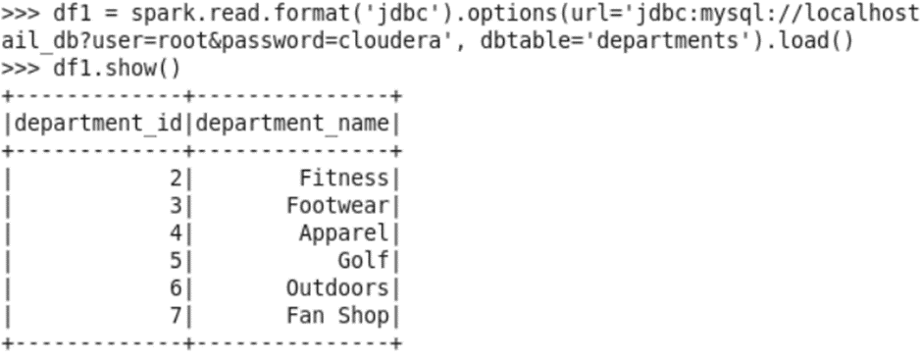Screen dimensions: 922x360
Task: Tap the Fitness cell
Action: [x=343, y=179]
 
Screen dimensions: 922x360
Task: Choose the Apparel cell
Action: [x=343, y=233]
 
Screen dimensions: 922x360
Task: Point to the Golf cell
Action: [x=363, y=261]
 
